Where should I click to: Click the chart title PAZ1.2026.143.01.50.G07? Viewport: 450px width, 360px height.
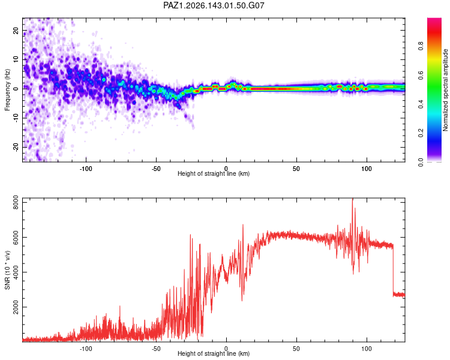(214, 5)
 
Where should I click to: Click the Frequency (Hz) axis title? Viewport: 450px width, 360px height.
(7, 90)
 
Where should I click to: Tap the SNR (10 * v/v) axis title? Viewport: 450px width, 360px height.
(7, 270)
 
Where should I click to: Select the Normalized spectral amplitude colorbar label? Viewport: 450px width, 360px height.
(445, 90)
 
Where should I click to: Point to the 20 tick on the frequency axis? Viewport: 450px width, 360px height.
(16, 31)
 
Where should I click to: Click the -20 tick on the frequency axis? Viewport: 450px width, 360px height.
(16, 147)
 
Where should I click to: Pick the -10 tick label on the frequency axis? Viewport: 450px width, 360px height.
(16, 118)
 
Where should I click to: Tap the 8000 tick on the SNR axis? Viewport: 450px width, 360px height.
(16, 202)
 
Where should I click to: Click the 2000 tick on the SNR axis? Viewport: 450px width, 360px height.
(16, 307)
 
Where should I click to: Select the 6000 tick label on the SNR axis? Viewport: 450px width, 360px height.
(16, 238)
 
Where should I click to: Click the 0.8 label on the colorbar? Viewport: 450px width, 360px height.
(421, 46)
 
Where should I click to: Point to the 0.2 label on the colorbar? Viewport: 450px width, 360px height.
(421, 133)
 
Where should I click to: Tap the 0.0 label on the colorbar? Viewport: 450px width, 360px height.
(421, 162)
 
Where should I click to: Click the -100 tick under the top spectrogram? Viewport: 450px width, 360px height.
(86, 169)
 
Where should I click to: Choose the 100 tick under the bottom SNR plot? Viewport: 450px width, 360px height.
(367, 349)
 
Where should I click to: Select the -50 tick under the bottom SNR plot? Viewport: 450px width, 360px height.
(156, 349)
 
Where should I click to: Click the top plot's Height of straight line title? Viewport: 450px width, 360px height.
(214, 173)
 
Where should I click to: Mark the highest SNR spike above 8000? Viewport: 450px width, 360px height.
(352, 199)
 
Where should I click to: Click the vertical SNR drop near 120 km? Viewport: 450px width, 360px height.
(393, 270)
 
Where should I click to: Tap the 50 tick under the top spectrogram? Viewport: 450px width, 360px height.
(296, 169)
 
